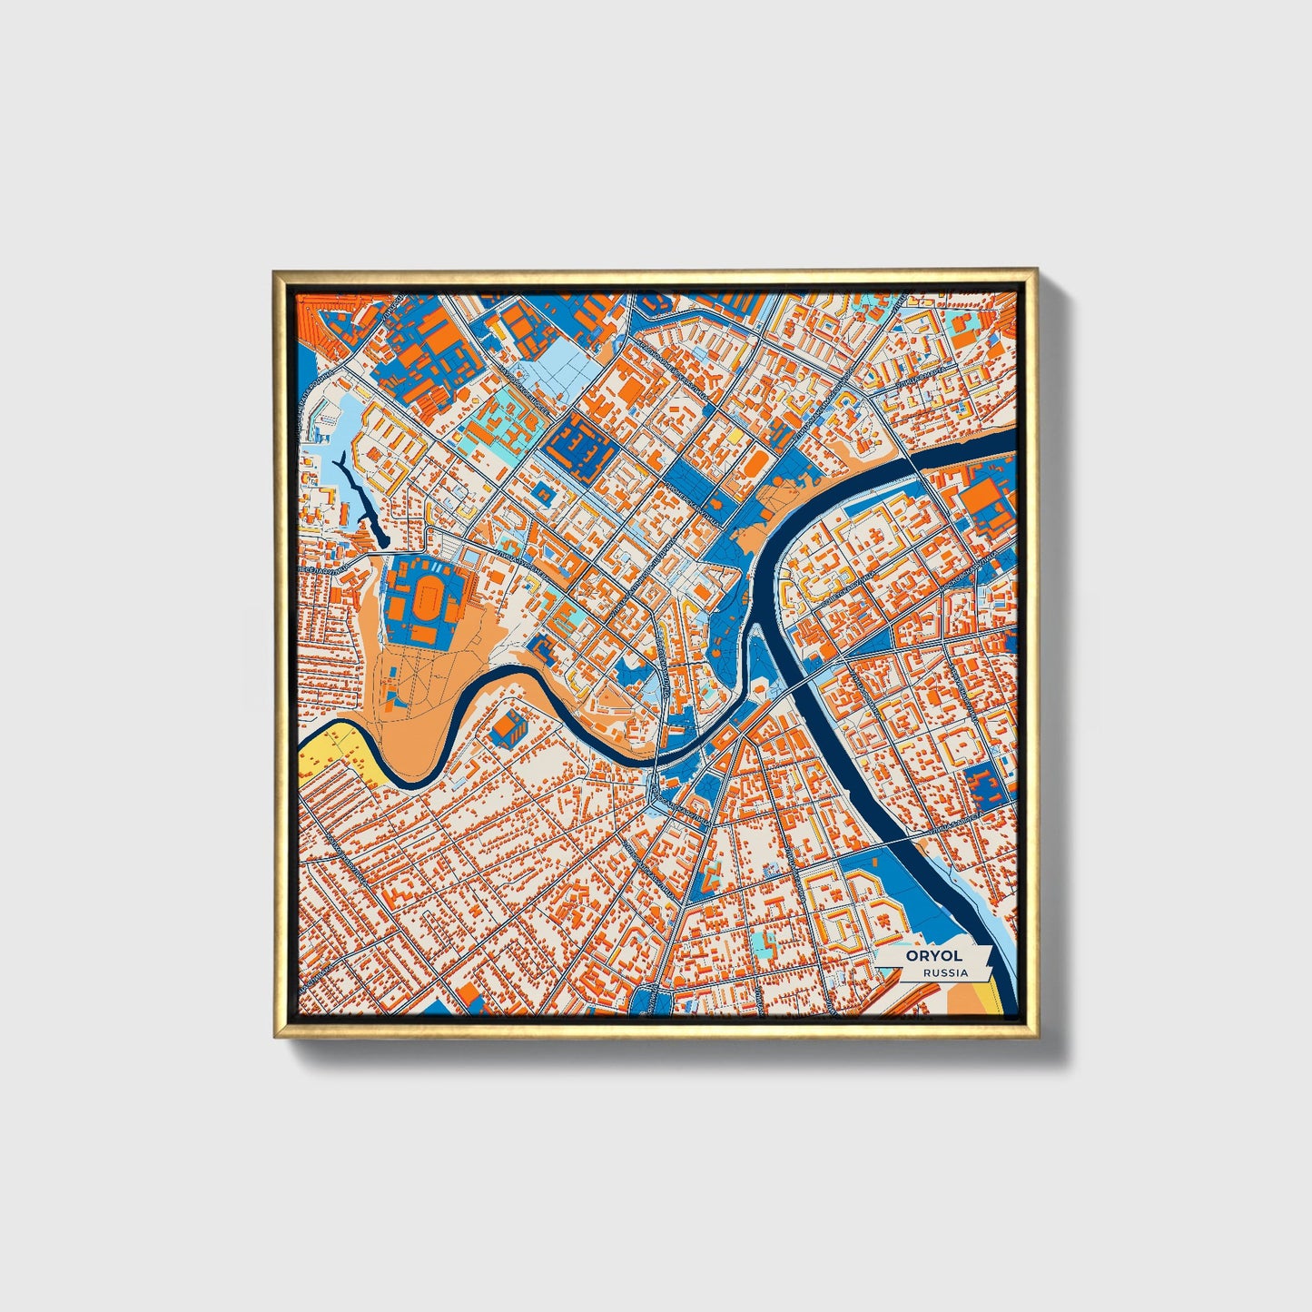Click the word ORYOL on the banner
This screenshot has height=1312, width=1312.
coord(932,956)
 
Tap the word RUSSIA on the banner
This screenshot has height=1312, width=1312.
coord(944,973)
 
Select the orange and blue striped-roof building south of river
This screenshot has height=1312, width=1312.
coord(508,725)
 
